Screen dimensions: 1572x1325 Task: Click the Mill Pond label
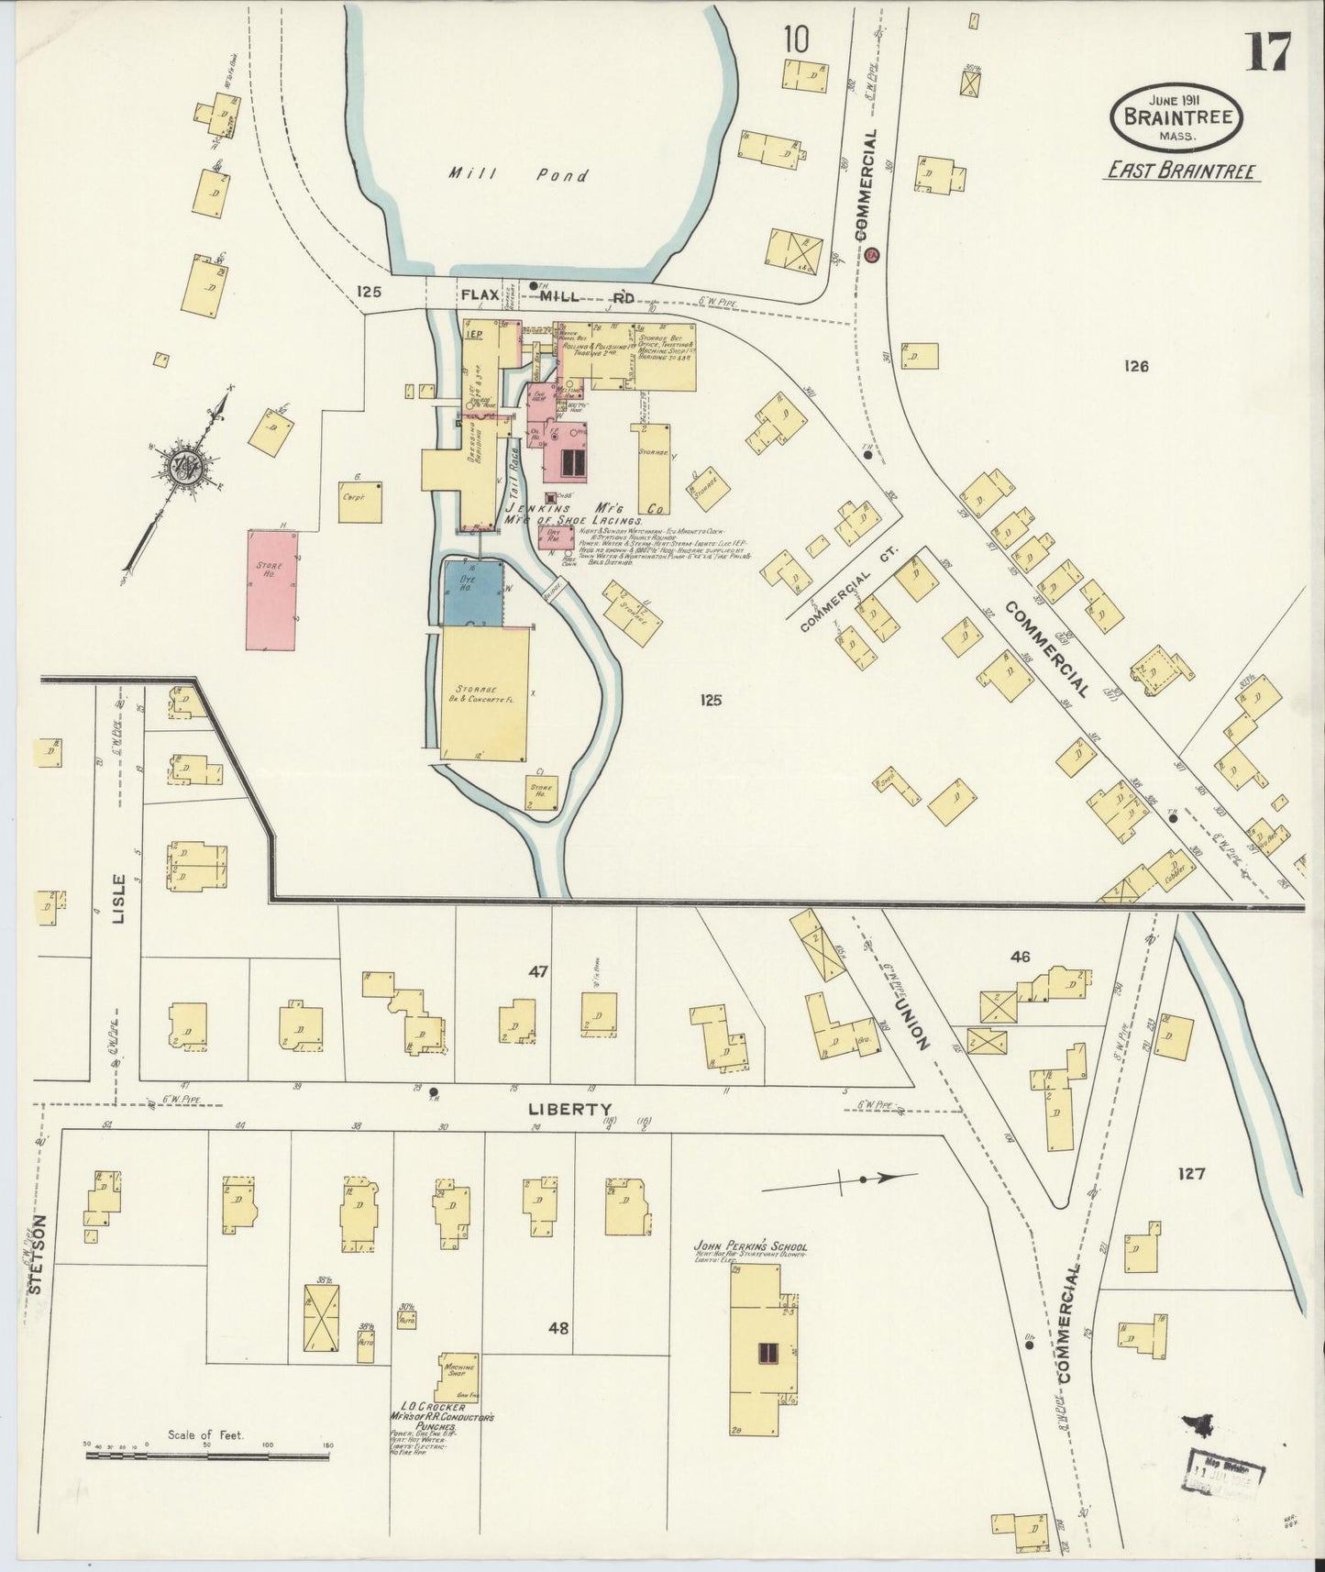tap(518, 173)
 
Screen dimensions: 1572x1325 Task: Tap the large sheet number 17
tap(1268, 52)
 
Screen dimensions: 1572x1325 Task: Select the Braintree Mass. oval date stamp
tap(1176, 117)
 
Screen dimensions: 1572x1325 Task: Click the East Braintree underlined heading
tap(1181, 170)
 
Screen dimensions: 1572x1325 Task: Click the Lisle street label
tap(118, 897)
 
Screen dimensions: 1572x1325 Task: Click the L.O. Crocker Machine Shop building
tap(457, 1376)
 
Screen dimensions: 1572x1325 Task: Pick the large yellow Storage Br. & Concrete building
tap(485, 693)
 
